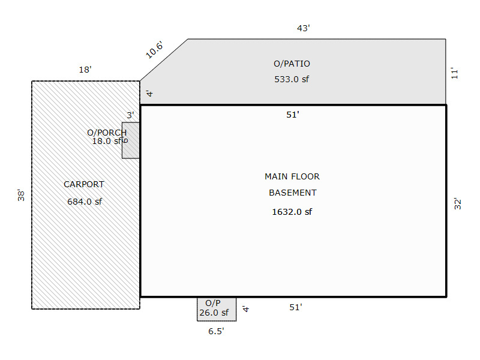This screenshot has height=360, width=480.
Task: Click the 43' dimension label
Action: [x=304, y=28]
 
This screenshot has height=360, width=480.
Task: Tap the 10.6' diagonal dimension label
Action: [x=154, y=50]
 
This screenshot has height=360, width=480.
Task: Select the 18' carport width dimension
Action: [x=85, y=70]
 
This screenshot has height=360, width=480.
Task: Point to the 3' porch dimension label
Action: [x=130, y=115]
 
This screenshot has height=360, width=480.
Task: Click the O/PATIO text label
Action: [x=292, y=64]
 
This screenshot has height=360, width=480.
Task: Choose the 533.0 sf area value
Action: [x=292, y=79]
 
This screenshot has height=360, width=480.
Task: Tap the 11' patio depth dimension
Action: [x=455, y=73]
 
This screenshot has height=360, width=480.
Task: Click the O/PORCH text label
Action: [x=107, y=133]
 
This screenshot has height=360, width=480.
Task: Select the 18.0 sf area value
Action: [x=106, y=141]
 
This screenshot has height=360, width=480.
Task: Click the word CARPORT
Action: [x=84, y=184]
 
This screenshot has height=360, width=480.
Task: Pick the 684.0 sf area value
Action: [x=85, y=202]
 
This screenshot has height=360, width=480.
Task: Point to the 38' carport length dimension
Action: [x=21, y=195]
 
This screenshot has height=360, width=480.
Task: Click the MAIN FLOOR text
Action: [x=292, y=176]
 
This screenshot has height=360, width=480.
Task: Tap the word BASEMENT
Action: [x=292, y=193]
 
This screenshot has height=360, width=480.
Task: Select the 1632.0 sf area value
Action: [x=292, y=211]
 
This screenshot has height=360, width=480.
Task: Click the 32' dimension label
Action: [x=457, y=203]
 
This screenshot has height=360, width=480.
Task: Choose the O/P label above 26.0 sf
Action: [x=212, y=304]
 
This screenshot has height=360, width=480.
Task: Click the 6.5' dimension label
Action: [x=216, y=331]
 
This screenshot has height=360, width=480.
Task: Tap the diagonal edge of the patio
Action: [x=164, y=60]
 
